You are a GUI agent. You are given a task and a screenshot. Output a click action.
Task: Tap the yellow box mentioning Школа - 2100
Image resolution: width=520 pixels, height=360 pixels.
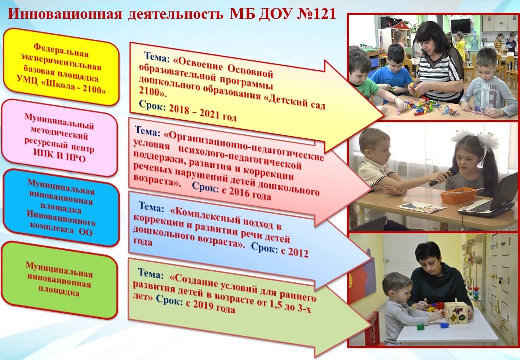[x=61, y=67]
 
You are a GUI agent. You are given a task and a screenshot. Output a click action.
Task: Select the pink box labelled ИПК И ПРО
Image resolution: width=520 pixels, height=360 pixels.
[x=59, y=138]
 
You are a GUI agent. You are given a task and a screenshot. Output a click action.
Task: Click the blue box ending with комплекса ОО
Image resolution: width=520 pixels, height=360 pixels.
[x=61, y=208]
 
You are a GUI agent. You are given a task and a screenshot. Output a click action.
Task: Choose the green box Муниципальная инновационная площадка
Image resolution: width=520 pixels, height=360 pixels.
[x=59, y=280]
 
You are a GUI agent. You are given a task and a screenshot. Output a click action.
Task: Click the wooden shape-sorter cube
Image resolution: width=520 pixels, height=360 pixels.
[x=456, y=313]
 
